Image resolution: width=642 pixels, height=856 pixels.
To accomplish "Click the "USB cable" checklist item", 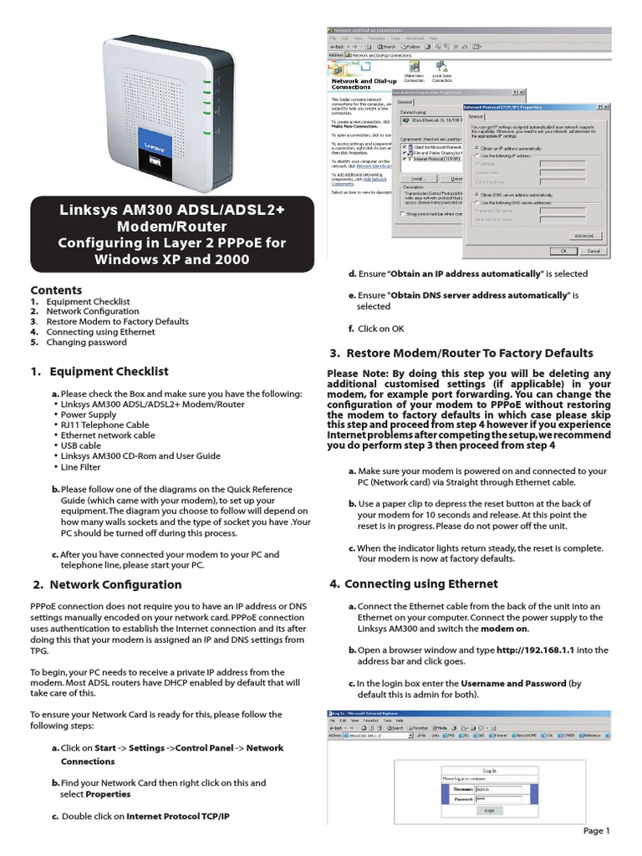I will (x=89, y=446).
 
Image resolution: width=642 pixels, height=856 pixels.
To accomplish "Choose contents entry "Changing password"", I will (x=86, y=342).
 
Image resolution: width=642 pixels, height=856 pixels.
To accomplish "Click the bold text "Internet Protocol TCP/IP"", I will (x=177, y=816).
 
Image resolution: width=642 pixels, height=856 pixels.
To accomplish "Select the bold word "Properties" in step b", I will (x=108, y=794).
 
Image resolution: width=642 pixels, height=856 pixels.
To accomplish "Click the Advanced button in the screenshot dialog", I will (x=585, y=236).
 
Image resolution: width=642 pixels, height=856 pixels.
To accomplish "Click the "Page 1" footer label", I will (x=597, y=831).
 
